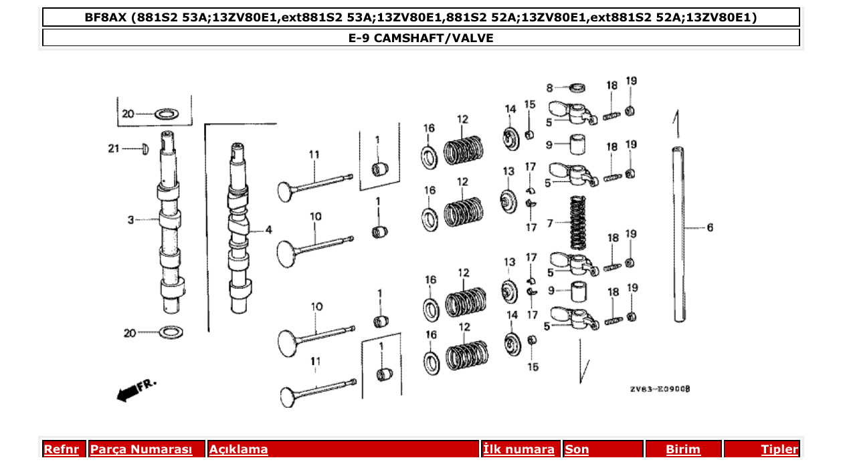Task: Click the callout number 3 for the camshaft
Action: click(x=131, y=219)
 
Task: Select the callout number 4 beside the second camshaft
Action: click(x=268, y=230)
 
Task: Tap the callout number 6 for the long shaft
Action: click(x=710, y=228)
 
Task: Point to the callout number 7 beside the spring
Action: click(x=551, y=223)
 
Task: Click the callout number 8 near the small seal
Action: click(x=550, y=88)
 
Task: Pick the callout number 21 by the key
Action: click(x=114, y=148)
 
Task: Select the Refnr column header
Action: click(x=61, y=449)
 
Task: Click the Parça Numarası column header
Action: click(x=141, y=449)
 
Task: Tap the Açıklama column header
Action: click(x=239, y=449)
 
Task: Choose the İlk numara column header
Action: click(x=519, y=449)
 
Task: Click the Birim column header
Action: click(x=683, y=449)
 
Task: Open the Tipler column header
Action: click(x=779, y=449)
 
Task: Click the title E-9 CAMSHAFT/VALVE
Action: click(x=421, y=38)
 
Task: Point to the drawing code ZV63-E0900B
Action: click(x=659, y=389)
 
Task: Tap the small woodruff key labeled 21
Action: click(x=143, y=148)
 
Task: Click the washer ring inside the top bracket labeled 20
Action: click(x=166, y=114)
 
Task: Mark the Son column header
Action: click(x=577, y=449)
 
